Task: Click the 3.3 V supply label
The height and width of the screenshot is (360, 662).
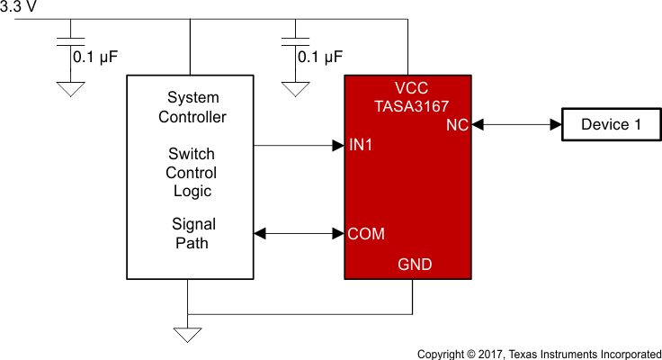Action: [19, 7]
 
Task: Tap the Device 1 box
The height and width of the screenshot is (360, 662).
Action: [611, 124]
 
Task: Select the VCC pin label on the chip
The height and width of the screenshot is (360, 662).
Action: [411, 88]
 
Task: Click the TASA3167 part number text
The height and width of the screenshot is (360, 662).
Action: [410, 105]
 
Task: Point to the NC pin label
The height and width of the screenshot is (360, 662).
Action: [457, 125]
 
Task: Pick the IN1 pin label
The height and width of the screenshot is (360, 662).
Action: [361, 145]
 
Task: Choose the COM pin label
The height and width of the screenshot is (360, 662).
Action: [366, 234]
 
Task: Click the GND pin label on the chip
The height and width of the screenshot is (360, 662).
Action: [415, 265]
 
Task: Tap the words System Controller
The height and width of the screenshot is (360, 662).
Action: [192, 107]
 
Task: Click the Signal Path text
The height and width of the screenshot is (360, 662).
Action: [193, 233]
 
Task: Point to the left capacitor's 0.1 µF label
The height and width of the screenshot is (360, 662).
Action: [95, 57]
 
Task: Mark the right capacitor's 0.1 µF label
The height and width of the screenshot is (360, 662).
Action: [320, 57]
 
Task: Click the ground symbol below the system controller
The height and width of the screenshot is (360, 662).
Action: [187, 335]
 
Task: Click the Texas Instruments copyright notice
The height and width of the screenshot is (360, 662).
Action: [539, 352]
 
